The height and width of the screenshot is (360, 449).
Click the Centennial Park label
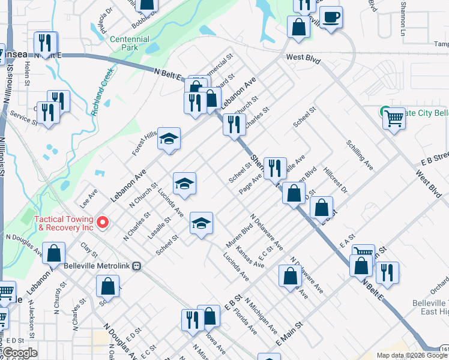[130, 43]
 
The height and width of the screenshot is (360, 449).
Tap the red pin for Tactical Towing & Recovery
[103, 223]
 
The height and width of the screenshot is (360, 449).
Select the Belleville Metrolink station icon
[137, 266]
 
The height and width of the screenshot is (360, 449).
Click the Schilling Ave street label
[360, 155]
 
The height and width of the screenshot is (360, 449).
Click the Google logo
[19, 353]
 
